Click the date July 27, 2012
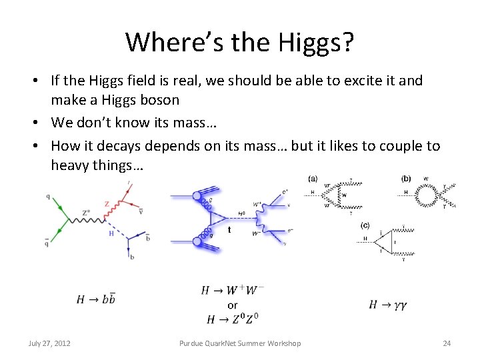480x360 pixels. (50, 343)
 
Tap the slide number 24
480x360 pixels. (447, 343)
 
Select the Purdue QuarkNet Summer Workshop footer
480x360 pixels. (240, 343)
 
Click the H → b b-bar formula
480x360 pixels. (96, 299)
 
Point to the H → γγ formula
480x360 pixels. (387, 305)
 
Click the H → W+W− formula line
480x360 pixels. (232, 291)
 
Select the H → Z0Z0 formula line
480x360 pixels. (232, 319)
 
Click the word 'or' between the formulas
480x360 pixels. (232, 305)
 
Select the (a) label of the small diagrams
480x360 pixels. (313, 178)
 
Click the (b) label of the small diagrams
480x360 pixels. (406, 178)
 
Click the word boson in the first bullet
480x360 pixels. (157, 100)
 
